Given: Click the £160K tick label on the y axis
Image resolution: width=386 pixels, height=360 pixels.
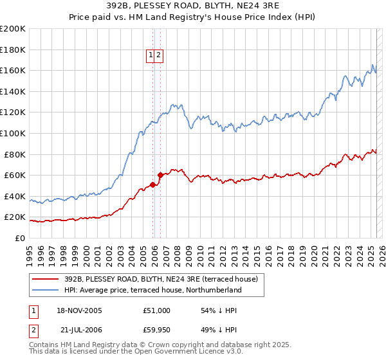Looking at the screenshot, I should pos(13,70).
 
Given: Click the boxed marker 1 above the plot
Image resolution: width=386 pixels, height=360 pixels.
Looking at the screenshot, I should pos(151,56).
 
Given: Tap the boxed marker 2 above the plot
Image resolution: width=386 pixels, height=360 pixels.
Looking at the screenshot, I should pos(158,56).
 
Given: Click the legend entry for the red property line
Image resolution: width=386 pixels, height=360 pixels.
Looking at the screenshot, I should pos(161,279).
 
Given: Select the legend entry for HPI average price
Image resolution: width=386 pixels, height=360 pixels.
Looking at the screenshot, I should pos(152,290).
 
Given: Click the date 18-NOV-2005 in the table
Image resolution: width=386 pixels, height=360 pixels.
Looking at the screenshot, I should pos(79,310).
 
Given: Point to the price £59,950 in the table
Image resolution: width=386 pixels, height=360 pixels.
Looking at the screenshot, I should pos(157,329).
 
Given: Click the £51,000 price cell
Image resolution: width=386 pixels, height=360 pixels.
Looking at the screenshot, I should pos(157,310).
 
